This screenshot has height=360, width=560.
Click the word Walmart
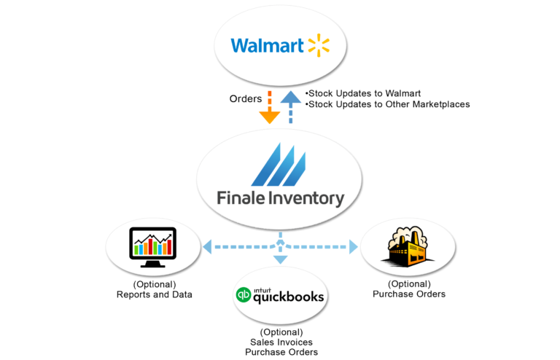tap(268, 46)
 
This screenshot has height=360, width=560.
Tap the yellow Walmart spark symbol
tap(319, 45)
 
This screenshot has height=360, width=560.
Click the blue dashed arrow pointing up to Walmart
tap(291, 106)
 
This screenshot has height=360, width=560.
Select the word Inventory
tap(307, 197)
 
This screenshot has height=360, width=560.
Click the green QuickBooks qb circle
tap(243, 296)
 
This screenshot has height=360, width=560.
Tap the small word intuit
tap(262, 289)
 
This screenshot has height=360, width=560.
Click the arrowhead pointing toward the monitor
tap(208, 247)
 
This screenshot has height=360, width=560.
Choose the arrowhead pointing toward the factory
tap(354, 247)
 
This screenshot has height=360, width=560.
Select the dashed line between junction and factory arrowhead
tap(317, 247)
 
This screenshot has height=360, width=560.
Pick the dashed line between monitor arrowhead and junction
tap(243, 247)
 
